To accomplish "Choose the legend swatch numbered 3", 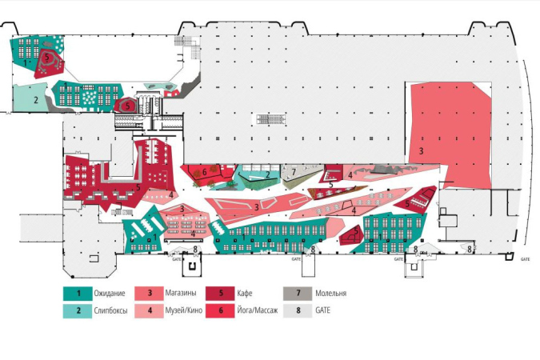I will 150,294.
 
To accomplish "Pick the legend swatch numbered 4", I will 150,310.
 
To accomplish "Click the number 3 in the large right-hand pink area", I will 420,150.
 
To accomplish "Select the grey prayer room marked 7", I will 294,172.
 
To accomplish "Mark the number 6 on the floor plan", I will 205,171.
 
